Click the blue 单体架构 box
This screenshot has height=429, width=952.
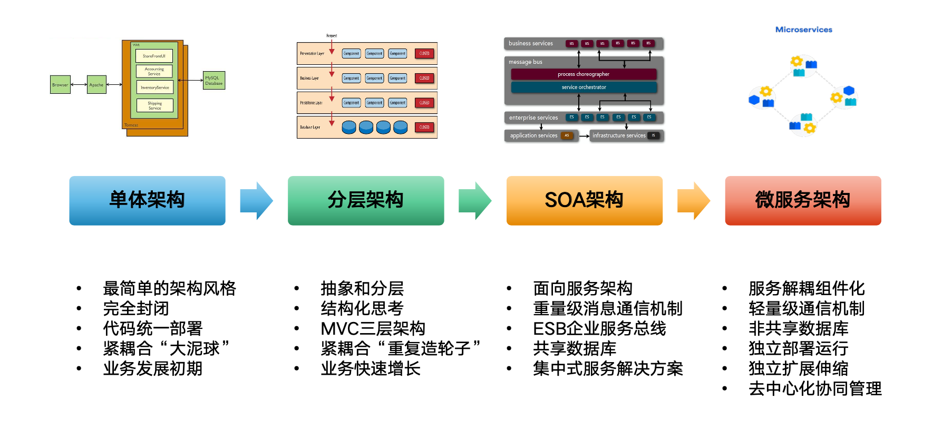click(147, 200)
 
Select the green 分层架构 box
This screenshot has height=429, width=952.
click(366, 200)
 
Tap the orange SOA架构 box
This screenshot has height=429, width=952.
click(584, 200)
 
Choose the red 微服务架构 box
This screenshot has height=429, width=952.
click(803, 200)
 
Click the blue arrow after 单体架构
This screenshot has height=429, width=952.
click(256, 200)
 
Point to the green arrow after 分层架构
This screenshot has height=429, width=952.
click(474, 200)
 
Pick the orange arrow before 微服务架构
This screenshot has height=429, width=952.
click(693, 200)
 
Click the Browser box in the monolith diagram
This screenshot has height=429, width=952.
click(60, 85)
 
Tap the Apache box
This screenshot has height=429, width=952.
click(96, 85)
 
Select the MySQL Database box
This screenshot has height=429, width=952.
click(213, 81)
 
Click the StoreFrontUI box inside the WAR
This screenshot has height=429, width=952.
click(154, 56)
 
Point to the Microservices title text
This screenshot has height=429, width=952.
click(803, 30)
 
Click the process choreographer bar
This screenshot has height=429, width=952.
click(584, 74)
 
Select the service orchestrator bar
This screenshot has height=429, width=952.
click(584, 87)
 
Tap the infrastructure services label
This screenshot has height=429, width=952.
click(619, 135)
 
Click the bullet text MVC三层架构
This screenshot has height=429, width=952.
click(373, 328)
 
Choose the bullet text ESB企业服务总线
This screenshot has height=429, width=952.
click(599, 328)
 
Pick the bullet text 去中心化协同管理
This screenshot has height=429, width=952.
click(815, 388)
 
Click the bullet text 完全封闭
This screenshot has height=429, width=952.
click(136, 308)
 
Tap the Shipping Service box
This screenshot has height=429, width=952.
click(154, 105)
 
